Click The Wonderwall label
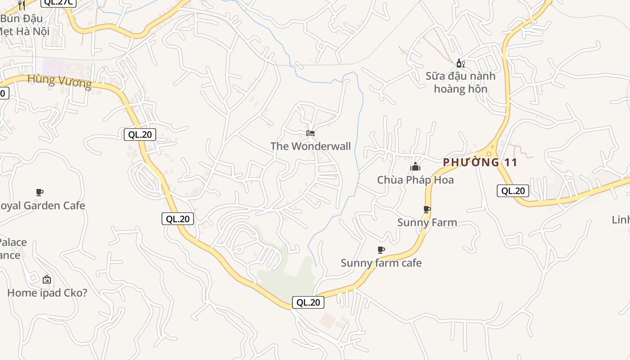(310, 146)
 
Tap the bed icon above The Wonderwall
(310, 133)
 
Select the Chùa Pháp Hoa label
(415, 180)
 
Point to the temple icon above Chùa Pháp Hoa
(415, 167)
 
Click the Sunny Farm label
(427, 222)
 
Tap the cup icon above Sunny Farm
(427, 209)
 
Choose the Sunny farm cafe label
(381, 263)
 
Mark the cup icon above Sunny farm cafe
(381, 250)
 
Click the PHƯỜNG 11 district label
(480, 162)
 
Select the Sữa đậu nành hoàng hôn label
(460, 82)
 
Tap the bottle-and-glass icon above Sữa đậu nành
(460, 63)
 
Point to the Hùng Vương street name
(59, 81)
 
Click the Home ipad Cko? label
(47, 293)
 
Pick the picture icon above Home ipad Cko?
(47, 279)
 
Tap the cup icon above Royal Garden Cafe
(40, 193)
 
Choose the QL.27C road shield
(58, 2)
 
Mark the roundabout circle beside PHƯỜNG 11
(489, 154)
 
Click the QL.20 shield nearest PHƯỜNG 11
(513, 191)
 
